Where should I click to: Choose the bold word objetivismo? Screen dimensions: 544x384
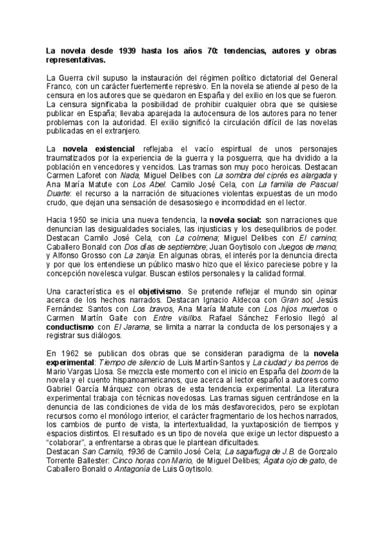[x=165, y=292]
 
